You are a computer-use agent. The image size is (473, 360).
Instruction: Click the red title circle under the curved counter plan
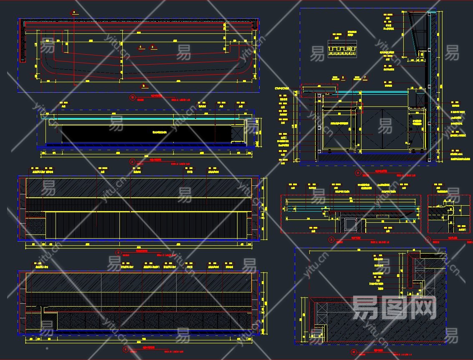pyautogui.click(x=133, y=98)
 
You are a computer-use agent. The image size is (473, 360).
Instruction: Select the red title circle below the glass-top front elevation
pyautogui.click(x=133, y=161)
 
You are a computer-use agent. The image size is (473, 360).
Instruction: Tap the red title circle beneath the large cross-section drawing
pyautogui.click(x=357, y=172)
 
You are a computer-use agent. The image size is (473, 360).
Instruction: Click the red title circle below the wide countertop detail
pyautogui.click(x=331, y=240)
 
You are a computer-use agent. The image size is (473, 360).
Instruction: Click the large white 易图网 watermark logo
pyautogui.click(x=394, y=307)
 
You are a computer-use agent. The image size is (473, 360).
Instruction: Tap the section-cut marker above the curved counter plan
pyautogui.click(x=74, y=13)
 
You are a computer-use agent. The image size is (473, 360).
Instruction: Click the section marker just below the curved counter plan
pyautogui.click(x=144, y=86)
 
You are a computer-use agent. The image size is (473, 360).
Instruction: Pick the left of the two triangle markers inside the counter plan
pyautogui.click(x=141, y=47)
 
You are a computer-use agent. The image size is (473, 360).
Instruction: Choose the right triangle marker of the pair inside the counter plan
pyautogui.click(x=153, y=47)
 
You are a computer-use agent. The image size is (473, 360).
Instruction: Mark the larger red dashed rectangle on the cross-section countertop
pyautogui.click(x=319, y=91)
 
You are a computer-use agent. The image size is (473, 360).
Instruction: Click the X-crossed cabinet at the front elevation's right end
pyautogui.click(x=238, y=133)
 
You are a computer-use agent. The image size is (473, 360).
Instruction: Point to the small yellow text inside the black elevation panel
pyautogui.click(x=159, y=132)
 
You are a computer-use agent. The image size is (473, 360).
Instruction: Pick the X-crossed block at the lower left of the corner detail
pyautogui.click(x=321, y=314)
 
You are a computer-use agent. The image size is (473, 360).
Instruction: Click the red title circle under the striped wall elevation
pyautogui.click(x=119, y=252)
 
